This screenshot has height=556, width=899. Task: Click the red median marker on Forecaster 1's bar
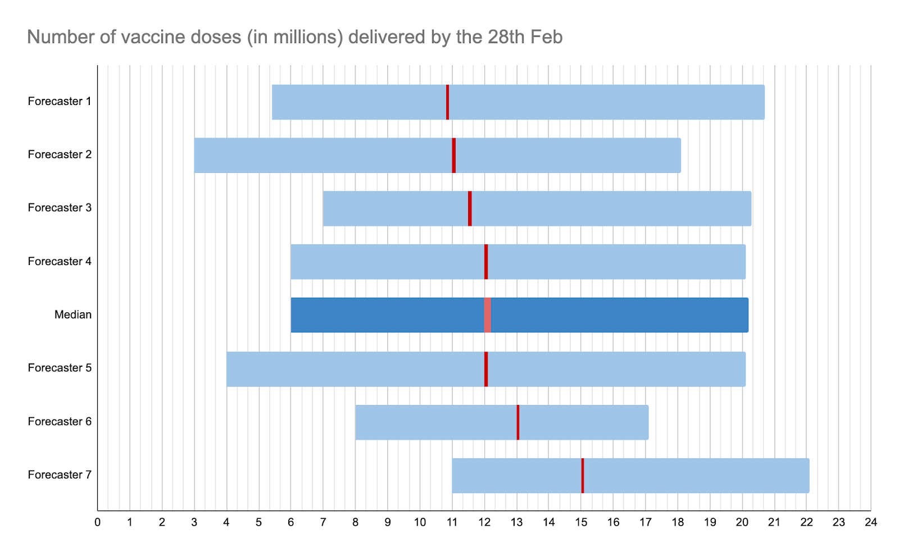[447, 102]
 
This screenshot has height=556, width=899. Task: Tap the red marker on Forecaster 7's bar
[583, 476]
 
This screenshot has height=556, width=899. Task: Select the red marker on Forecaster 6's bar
[518, 422]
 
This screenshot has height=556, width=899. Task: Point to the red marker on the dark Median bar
[487, 315]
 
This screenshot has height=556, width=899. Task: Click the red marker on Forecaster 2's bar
[454, 156]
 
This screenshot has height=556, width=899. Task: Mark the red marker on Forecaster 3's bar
[470, 208]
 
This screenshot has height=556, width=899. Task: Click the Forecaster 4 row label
[60, 261]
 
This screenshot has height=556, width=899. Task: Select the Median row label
[73, 315]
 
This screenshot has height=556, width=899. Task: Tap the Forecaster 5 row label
[60, 368]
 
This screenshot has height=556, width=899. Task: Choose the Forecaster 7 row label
[60, 475]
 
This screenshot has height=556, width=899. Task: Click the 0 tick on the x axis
[98, 522]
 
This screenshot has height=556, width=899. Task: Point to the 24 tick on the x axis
[871, 522]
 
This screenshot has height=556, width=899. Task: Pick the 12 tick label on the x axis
[484, 522]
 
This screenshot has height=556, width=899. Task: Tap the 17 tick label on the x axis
[646, 522]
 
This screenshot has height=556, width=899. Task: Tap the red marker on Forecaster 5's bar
[486, 369]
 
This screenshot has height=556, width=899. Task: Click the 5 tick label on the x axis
[259, 522]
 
